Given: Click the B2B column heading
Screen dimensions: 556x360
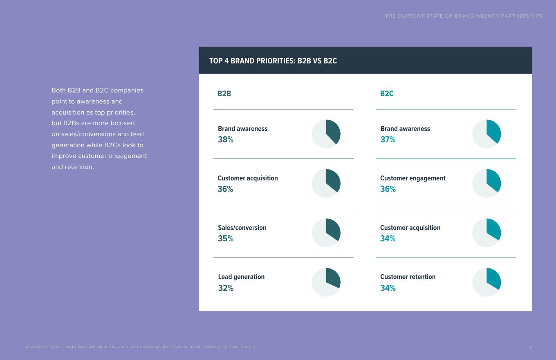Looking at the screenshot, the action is click(x=224, y=94).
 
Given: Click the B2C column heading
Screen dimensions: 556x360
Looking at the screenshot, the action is click(x=387, y=94).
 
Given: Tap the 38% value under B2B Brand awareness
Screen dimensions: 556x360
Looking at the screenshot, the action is click(x=226, y=139).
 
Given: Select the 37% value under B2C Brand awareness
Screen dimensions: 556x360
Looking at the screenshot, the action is click(x=388, y=139).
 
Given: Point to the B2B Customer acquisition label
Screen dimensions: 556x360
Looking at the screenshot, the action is click(x=248, y=178).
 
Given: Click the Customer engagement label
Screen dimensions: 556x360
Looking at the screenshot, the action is click(x=413, y=178).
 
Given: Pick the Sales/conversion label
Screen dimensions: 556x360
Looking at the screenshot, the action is click(x=242, y=227).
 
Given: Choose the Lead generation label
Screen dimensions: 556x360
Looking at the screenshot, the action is click(x=241, y=277).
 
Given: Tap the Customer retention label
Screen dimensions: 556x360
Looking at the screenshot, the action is click(x=408, y=277).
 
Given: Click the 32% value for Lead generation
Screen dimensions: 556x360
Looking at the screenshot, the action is click(x=226, y=288).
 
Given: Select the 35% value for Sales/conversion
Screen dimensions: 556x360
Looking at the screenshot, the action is click(x=226, y=239).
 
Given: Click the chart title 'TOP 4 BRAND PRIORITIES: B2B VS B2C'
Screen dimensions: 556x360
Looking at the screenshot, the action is click(x=273, y=61).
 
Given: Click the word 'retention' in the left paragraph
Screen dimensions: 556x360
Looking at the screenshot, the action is click(x=79, y=167).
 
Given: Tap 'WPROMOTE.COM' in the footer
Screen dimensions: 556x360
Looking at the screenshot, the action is click(x=42, y=347).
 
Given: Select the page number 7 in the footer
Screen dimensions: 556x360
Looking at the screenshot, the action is click(x=531, y=347).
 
